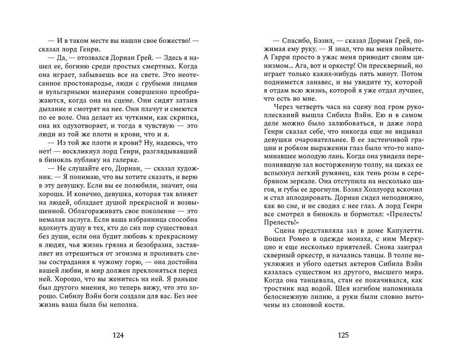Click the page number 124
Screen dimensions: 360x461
click(118, 335)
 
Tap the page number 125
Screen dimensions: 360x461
click(343, 335)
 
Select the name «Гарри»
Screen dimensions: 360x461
click(284, 57)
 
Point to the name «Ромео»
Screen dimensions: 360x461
click(295, 239)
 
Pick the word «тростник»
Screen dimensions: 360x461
click(280, 288)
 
